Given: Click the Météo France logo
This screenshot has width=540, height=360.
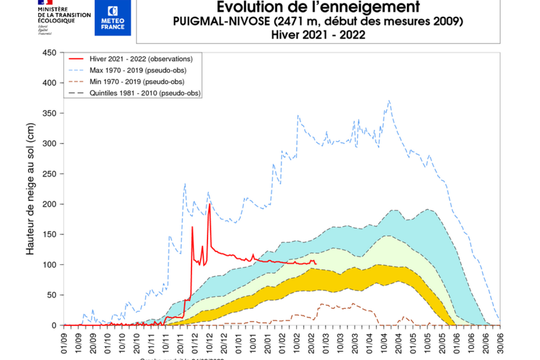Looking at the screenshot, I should pyautogui.click(x=112, y=18).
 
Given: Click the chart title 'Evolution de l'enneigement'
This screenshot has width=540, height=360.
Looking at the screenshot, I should pyautogui.click(x=318, y=7).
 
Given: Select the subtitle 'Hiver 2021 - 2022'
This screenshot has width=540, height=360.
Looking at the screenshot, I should pyautogui.click(x=318, y=35).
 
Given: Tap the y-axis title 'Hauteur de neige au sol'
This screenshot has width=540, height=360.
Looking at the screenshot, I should pyautogui.click(x=30, y=189).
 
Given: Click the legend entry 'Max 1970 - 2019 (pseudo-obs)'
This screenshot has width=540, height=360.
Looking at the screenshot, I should pyautogui.click(x=138, y=70).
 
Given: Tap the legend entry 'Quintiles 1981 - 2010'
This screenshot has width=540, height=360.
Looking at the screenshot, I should pyautogui.click(x=145, y=93).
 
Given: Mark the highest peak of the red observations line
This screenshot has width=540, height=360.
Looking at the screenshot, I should pyautogui.click(x=209, y=204).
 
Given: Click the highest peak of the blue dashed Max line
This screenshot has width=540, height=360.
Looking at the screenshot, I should pyautogui.click(x=389, y=101).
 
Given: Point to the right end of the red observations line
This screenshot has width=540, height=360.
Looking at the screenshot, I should pyautogui.click(x=316, y=264).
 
